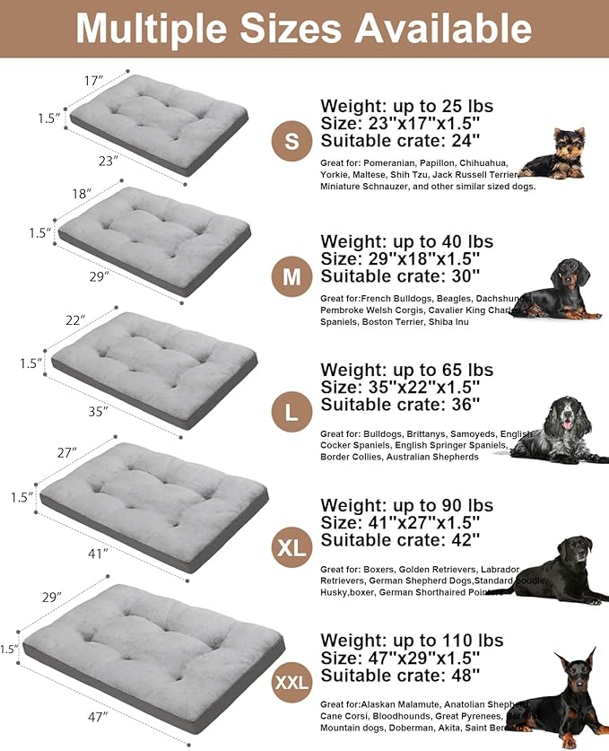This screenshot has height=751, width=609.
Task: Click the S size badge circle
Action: (x=291, y=141)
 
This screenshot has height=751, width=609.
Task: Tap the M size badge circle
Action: (x=291, y=277)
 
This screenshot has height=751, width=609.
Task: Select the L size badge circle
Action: (x=291, y=413)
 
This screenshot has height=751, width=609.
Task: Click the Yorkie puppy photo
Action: (x=554, y=154)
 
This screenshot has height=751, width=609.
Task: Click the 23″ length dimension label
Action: (x=108, y=162)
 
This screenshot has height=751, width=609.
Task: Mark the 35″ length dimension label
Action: (x=98, y=411)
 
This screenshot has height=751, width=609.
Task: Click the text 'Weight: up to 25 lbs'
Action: (x=406, y=106)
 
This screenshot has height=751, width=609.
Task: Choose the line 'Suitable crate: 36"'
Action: (x=400, y=405)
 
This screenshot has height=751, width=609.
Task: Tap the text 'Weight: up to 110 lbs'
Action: (x=412, y=641)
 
